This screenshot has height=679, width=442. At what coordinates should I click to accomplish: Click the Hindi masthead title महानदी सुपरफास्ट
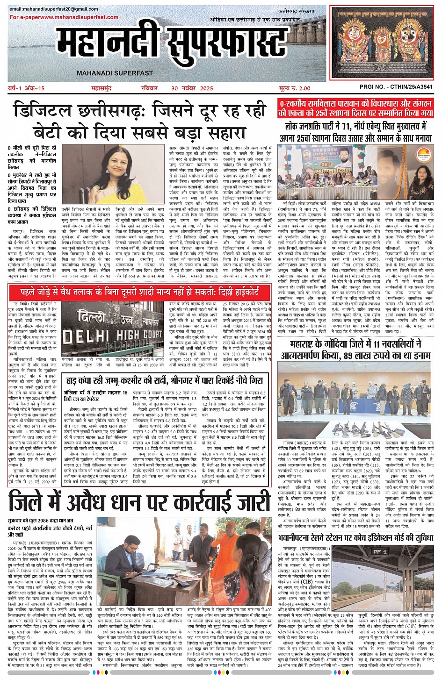pos(173,44)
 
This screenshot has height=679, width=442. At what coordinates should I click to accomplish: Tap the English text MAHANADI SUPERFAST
pos(115,73)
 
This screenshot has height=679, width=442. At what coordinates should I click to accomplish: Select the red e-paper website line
pos(64,17)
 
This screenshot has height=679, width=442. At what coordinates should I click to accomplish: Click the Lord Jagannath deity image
pos(382,43)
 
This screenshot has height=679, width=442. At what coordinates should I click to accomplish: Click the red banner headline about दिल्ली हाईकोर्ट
pos(140,293)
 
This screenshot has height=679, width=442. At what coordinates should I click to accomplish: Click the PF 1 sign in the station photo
pos(380,552)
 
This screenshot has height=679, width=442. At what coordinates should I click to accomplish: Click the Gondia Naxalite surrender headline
pos(355,349)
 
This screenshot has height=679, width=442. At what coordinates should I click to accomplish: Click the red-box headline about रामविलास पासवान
pos(355,107)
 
